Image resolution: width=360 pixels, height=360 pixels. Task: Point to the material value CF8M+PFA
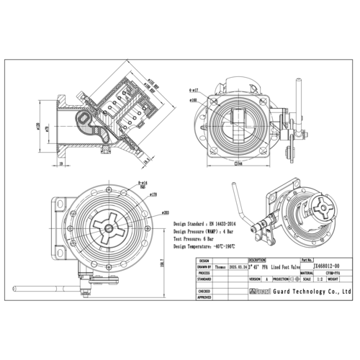pyautogui.click(x=332, y=273)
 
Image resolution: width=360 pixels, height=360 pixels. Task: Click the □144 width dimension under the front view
pyautogui.click(x=237, y=164)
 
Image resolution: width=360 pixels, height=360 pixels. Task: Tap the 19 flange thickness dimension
pyautogui.click(x=63, y=164)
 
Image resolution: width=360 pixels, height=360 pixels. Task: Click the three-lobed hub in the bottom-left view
pyautogui.click(x=108, y=228)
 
